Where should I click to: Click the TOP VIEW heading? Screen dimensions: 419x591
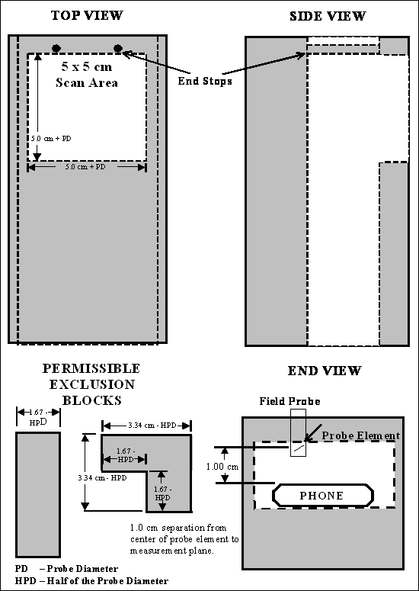pos(87,15)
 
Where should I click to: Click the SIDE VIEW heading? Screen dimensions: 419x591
pos(328,16)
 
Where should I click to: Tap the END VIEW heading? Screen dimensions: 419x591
pos(324,371)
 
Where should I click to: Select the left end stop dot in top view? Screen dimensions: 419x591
pos(56,48)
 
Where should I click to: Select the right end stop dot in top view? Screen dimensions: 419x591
pos(118,48)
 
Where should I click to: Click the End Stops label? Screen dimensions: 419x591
pos(205,81)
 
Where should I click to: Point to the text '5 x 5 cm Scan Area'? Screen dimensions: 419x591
pos(87,75)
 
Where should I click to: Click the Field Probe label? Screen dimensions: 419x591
pos(289,401)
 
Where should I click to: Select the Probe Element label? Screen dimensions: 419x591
pos(360,435)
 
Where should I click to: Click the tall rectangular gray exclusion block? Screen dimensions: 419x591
pos(38,495)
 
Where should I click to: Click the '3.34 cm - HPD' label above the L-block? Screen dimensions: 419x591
pos(147,426)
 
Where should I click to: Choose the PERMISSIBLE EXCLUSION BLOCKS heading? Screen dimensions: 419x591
pos(91,384)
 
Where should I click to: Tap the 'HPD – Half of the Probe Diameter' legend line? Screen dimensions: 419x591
pos(92,581)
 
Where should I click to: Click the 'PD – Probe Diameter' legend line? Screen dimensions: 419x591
pos(66,569)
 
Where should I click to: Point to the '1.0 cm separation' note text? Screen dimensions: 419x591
pos(184,539)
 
